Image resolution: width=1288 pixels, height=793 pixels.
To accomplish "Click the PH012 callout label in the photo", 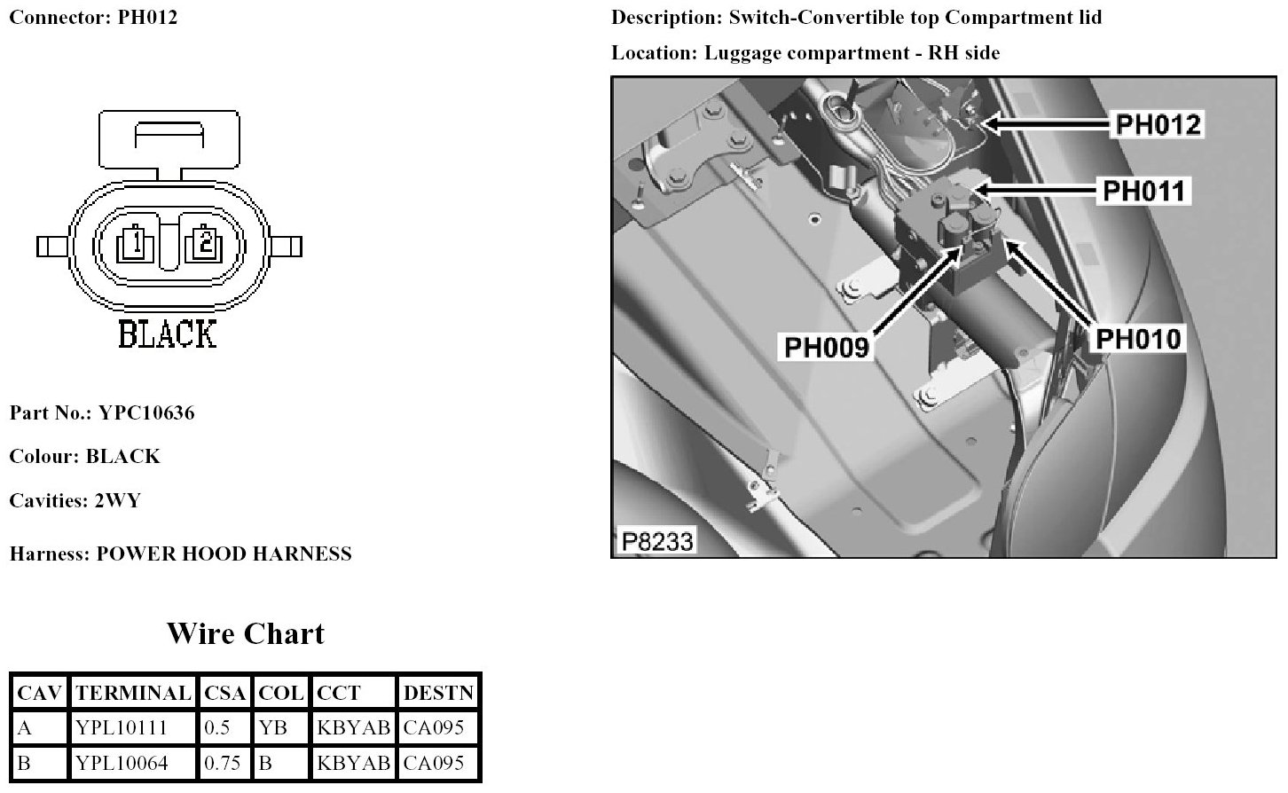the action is click(1158, 124).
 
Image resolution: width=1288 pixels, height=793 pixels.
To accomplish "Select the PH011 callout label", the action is click(1143, 191).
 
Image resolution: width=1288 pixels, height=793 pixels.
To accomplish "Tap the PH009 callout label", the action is click(826, 347).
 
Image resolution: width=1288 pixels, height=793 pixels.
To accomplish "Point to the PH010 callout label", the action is click(1138, 339).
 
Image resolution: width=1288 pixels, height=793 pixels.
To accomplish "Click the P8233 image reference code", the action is click(656, 541).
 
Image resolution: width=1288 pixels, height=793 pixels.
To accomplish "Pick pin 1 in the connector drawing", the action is click(133, 241).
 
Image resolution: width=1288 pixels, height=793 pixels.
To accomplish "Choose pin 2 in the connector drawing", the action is click(205, 241).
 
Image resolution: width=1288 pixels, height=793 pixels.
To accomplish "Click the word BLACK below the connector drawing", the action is click(167, 334).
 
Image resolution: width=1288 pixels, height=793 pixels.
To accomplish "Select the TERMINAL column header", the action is click(133, 693).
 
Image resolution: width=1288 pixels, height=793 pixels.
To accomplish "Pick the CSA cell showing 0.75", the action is click(222, 763).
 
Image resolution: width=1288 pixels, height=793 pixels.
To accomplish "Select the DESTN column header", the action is click(438, 693).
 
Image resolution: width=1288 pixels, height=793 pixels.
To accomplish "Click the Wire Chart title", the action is click(246, 633).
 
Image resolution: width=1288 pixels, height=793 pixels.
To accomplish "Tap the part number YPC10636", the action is click(146, 412).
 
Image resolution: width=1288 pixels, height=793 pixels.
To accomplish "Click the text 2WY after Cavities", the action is click(117, 500).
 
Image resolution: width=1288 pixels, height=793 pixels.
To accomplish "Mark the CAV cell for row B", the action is click(25, 763).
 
